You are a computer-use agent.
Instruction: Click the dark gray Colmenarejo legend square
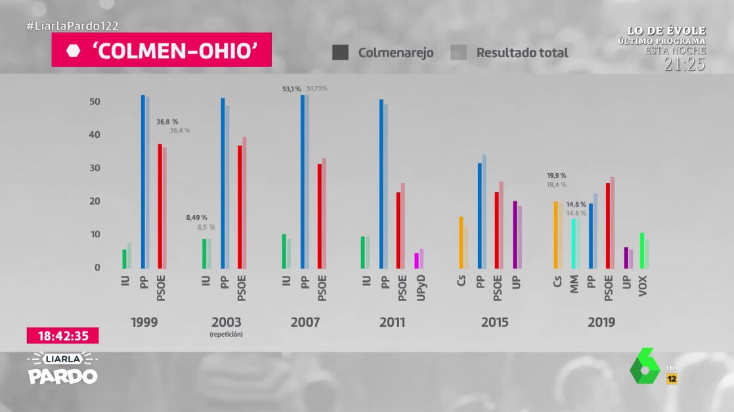coord(340,52)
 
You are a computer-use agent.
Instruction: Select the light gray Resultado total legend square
coord(458,52)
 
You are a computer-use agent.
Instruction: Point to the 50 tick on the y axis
coord(95,102)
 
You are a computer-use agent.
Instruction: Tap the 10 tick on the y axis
coord(95,234)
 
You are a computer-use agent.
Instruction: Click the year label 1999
coord(144,322)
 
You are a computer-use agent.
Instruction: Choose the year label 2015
coord(494,322)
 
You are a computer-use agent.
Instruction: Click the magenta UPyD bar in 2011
coord(416,260)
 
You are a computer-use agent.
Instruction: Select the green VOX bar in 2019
coord(641,251)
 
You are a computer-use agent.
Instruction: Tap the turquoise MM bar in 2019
coord(573,243)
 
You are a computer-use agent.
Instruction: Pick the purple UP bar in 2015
coord(515,234)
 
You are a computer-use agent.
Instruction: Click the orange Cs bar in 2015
coord(462,242)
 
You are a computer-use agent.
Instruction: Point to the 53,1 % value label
coord(291,89)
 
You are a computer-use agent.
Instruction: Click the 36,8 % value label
coord(167,121)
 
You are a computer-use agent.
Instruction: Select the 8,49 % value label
coord(196,217)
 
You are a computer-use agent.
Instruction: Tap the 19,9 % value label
coord(556,176)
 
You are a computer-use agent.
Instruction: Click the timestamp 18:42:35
coord(63,336)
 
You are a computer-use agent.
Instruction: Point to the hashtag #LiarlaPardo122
coord(72,26)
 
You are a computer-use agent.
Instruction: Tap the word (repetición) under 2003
coord(226,335)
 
